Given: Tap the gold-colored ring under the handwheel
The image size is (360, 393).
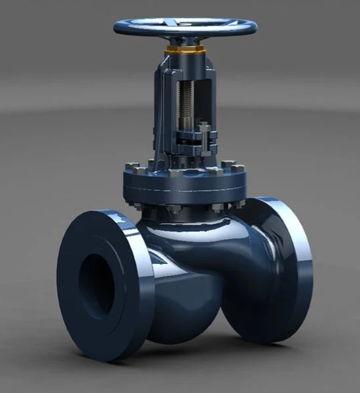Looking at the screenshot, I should click(185, 50).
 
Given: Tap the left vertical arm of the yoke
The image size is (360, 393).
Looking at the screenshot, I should click(161, 105).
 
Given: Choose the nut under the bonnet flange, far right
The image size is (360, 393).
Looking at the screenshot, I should click(239, 203).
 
